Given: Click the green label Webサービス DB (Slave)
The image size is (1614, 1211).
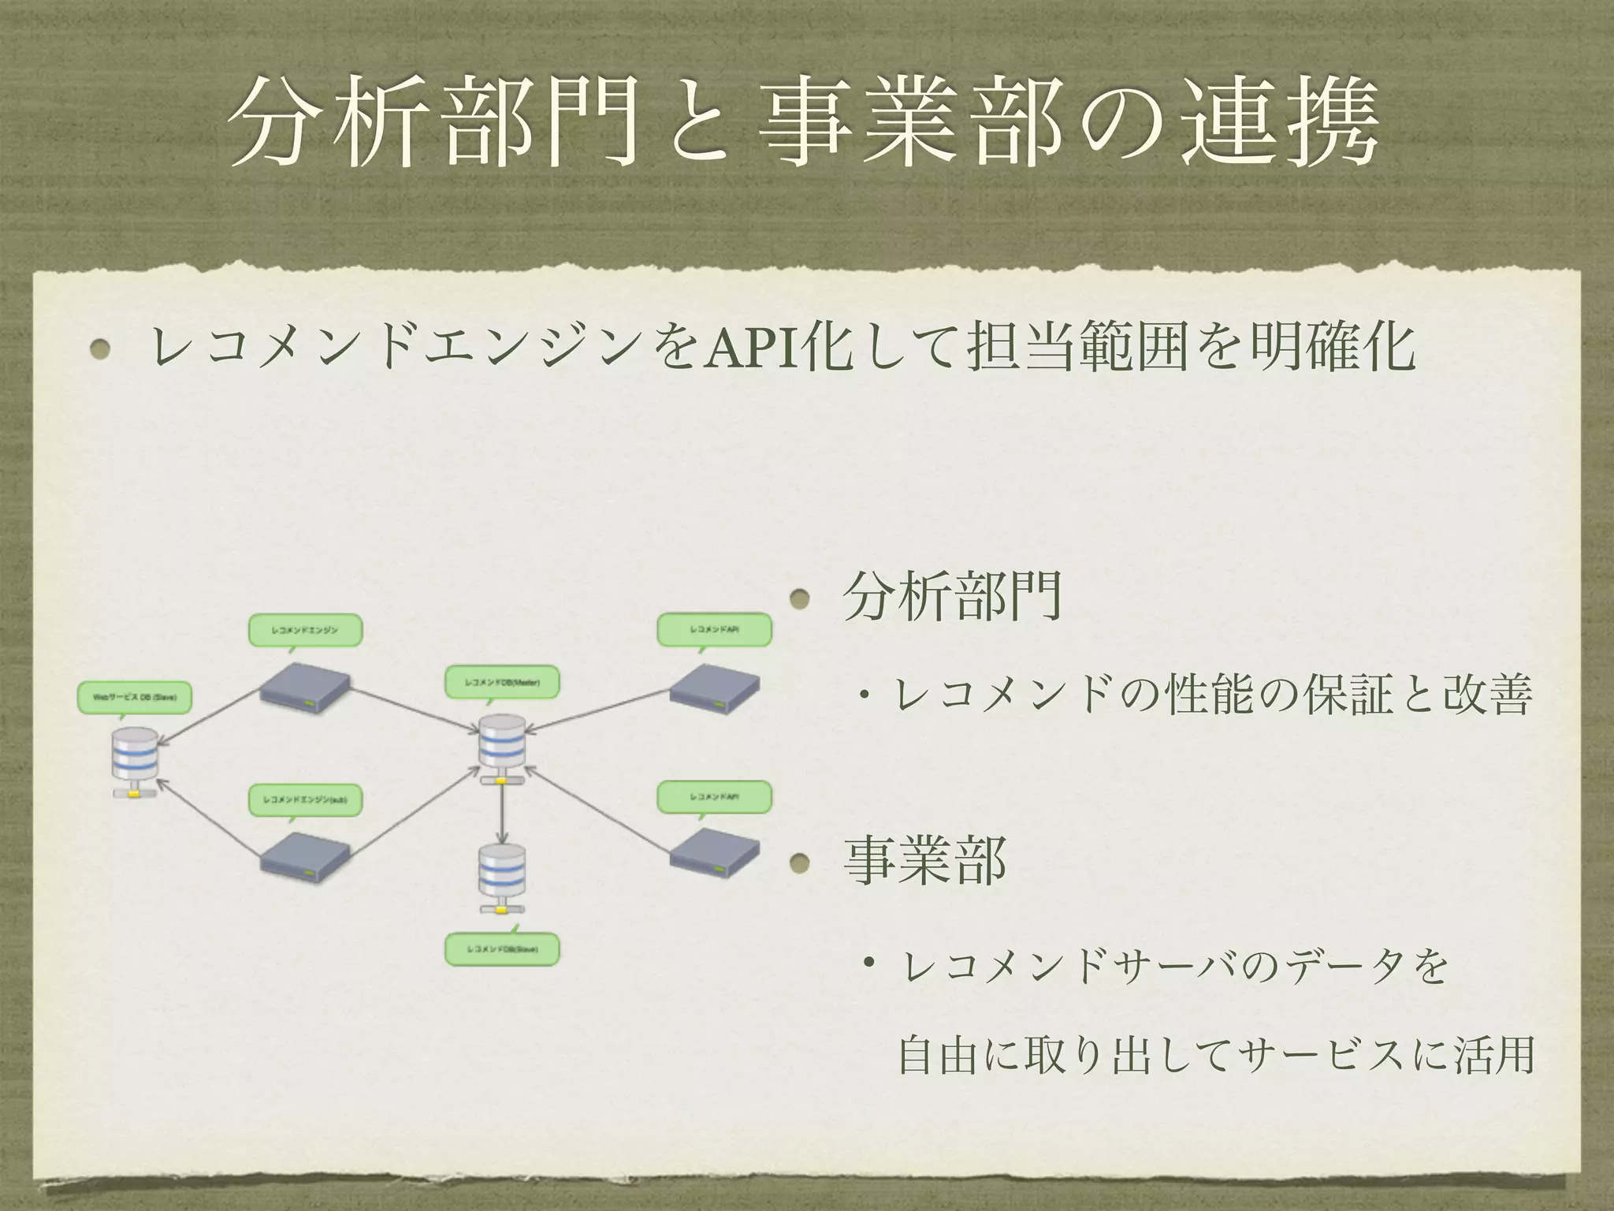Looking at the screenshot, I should pyautogui.click(x=135, y=697).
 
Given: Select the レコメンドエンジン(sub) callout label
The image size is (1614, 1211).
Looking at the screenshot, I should pyautogui.click(x=305, y=799).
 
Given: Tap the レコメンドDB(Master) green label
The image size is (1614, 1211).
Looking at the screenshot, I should pyautogui.click(x=502, y=682).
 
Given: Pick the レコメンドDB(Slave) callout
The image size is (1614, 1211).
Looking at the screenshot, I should pyautogui.click(x=502, y=949).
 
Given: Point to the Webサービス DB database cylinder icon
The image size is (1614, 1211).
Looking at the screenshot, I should pyautogui.click(x=135, y=761).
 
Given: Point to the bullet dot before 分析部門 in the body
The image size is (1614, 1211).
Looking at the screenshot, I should pyautogui.click(x=801, y=599).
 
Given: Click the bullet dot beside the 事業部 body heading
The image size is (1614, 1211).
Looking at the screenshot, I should pyautogui.click(x=801, y=863).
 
